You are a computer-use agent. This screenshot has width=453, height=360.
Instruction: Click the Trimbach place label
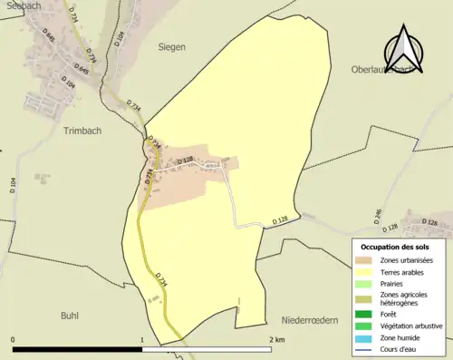coord(85,131)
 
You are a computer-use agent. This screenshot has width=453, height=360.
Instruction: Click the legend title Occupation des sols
coord(395,247)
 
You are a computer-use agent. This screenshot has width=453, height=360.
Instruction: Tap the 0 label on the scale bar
coord(14,339)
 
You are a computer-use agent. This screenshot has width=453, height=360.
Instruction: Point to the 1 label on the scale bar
coord(142,339)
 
